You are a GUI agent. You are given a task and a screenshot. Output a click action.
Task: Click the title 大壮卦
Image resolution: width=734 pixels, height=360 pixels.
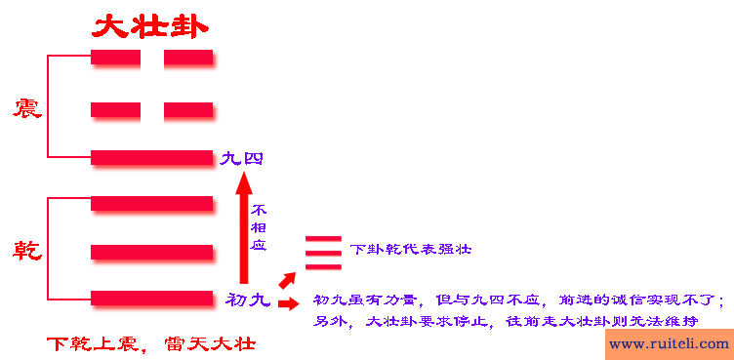point(150,25)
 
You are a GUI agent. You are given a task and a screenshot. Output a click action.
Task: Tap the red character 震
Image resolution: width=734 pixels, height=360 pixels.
point(26,107)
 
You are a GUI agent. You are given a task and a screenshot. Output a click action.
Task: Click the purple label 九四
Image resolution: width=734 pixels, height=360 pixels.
point(241,158)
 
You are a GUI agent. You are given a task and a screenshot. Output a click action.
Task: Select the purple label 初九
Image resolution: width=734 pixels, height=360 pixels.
point(248,300)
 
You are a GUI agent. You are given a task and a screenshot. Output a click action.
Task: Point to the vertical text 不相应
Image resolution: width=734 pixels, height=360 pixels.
point(259,227)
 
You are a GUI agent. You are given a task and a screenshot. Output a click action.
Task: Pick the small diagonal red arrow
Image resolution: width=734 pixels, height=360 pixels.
point(287,280)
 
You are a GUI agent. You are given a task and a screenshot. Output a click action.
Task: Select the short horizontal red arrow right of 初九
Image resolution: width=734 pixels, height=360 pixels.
point(289,303)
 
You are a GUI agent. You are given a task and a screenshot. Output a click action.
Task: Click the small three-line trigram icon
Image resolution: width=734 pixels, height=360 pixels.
point(323,251)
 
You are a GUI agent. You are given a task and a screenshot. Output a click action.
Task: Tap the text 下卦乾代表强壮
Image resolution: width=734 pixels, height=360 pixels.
point(411,249)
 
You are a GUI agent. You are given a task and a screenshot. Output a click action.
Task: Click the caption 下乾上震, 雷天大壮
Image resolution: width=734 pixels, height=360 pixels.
point(151,344)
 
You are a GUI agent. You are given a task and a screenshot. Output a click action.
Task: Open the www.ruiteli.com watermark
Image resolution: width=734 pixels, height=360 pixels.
point(669,343)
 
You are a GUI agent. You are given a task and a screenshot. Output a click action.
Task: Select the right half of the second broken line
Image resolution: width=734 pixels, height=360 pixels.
point(188,109)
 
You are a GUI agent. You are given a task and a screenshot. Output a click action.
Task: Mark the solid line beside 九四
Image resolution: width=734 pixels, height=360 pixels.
point(151,157)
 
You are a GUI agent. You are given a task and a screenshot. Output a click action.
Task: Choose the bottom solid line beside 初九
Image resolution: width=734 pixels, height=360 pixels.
point(151,298)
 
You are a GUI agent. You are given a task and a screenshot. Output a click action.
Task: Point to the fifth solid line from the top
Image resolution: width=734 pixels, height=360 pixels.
point(151,252)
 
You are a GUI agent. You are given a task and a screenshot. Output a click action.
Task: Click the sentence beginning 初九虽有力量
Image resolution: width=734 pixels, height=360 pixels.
point(518,299)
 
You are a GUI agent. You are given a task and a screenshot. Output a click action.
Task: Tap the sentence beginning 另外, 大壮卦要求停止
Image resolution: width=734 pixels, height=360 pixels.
point(507,321)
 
